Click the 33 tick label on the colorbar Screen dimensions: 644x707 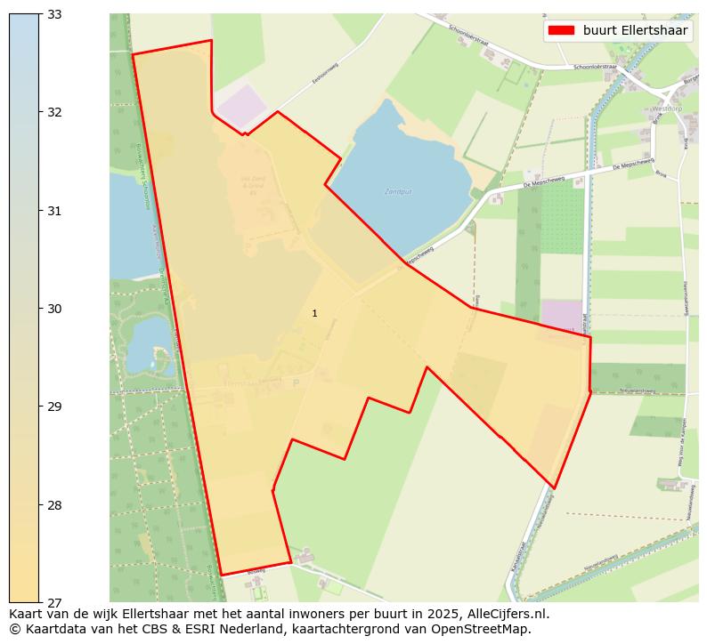tap(53, 14)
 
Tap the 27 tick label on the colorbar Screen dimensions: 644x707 tap(53, 603)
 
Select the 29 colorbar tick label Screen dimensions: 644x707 tap(53, 407)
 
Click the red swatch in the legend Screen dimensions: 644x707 tap(561, 30)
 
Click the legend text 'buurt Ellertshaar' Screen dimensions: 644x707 tap(635, 30)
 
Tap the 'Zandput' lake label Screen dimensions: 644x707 tap(398, 191)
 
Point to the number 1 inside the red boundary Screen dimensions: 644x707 tap(314, 313)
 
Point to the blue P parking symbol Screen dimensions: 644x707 tap(296, 382)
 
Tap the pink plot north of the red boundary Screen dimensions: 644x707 tap(242, 107)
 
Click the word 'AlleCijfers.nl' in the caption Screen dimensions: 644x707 tap(505, 614)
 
